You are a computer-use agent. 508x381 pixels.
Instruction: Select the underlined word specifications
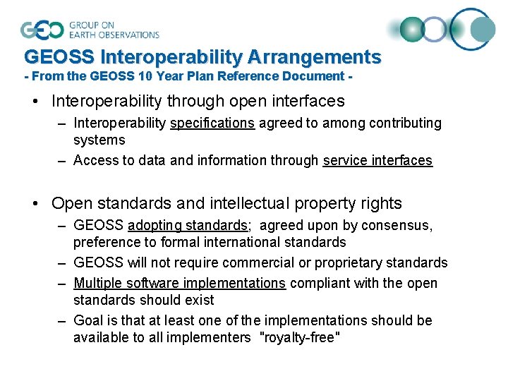pos(212,123)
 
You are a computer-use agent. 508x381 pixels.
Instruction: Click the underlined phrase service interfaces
pos(377,161)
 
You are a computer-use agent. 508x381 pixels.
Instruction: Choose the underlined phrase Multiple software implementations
pos(180,284)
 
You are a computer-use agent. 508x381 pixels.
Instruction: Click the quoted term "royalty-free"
pos(301,338)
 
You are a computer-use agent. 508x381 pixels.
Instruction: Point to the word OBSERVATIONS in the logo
pos(114,35)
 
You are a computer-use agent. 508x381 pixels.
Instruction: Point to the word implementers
pos(212,338)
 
